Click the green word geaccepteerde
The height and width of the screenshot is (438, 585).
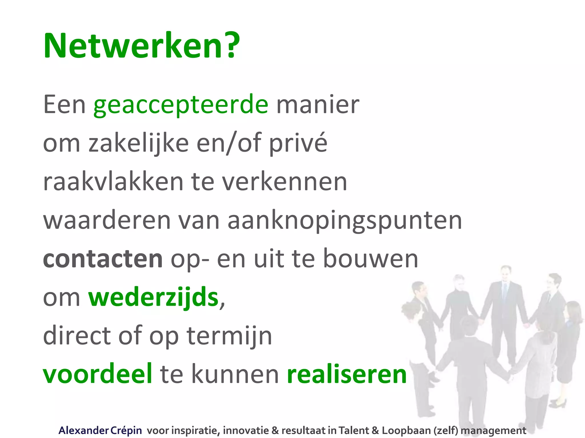tap(181, 106)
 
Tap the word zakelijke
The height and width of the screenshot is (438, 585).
tap(139, 143)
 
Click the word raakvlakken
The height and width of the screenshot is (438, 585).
tap(113, 182)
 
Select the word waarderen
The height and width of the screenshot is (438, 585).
tap(107, 220)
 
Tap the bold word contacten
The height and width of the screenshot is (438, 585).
tap(103, 259)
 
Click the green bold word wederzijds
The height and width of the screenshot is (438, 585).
tap(153, 297)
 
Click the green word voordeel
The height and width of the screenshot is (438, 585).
tap(97, 374)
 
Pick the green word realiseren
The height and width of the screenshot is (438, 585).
tap(347, 374)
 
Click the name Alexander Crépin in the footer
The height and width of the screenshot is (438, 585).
tap(100, 430)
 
